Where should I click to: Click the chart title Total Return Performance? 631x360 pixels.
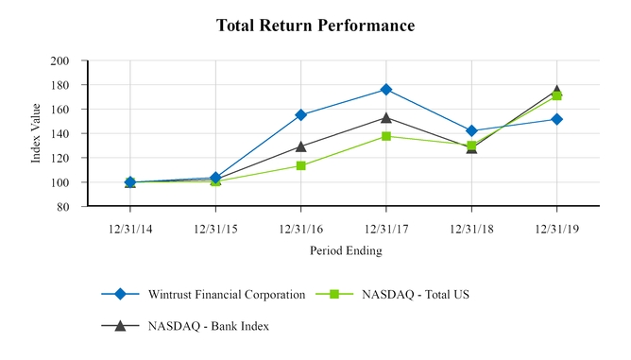tap(315, 26)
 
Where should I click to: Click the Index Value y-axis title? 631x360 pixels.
tap(37, 133)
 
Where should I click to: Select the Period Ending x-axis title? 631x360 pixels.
tap(346, 250)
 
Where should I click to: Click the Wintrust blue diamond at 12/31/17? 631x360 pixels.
tap(385, 90)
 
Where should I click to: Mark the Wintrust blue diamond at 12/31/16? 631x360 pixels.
tap(300, 115)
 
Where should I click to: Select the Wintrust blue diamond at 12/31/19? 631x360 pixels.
tap(555, 119)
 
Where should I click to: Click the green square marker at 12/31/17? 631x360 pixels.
tap(385, 136)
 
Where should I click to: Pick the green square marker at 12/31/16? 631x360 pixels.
tap(300, 165)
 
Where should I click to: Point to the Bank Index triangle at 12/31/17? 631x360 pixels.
tap(385, 118)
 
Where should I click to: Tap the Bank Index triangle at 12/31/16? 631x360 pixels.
tap(300, 146)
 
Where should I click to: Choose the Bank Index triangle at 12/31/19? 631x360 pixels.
tap(555, 91)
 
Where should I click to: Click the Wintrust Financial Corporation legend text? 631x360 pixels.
tap(226, 294)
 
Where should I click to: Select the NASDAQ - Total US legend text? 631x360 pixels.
tap(416, 294)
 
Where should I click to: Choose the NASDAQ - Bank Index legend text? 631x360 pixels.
tap(208, 326)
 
